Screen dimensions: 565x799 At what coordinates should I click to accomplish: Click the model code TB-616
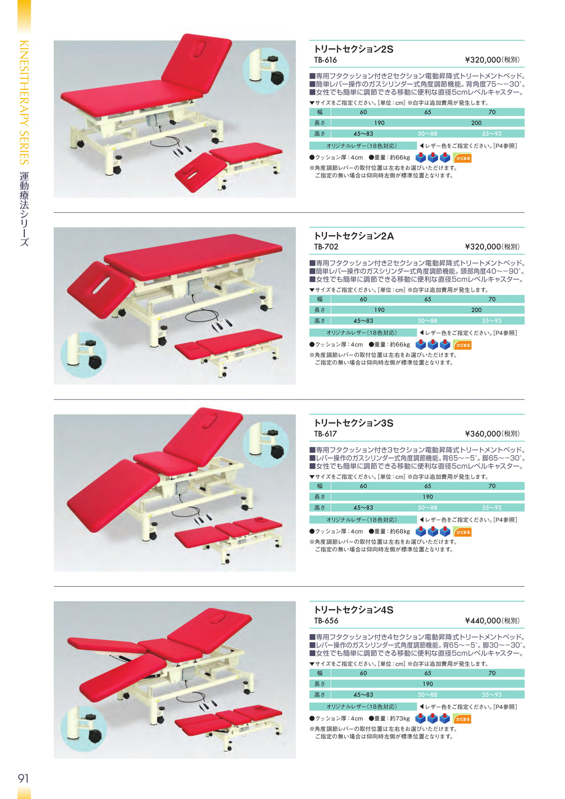tap(325, 60)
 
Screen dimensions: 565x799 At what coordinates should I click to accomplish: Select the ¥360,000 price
tap(483, 434)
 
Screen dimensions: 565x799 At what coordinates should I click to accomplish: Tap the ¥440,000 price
tap(483, 620)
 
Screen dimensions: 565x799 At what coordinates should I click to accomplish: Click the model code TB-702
tap(326, 247)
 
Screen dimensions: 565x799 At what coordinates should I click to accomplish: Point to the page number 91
tap(23, 778)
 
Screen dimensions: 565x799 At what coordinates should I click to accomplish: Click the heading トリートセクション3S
tap(354, 423)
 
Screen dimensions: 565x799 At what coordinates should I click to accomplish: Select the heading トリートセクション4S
tap(354, 610)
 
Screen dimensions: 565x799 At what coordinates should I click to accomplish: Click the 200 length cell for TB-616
tap(476, 123)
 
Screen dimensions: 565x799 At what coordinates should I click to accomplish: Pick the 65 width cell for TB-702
tap(428, 299)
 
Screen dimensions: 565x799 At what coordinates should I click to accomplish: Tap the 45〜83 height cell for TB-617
tap(363, 508)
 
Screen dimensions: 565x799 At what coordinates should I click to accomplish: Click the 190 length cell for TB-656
tap(428, 684)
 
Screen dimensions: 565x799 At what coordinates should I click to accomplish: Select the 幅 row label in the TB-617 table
tap(320, 486)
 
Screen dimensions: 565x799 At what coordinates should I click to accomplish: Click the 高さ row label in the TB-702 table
tap(320, 321)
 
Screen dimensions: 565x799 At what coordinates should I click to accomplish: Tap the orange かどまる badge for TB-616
tap(463, 158)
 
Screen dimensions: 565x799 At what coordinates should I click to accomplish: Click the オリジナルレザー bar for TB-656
tap(363, 707)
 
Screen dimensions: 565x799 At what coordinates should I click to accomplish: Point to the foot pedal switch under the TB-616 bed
tap(182, 150)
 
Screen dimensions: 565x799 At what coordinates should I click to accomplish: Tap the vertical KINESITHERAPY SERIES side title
tap(24, 102)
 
